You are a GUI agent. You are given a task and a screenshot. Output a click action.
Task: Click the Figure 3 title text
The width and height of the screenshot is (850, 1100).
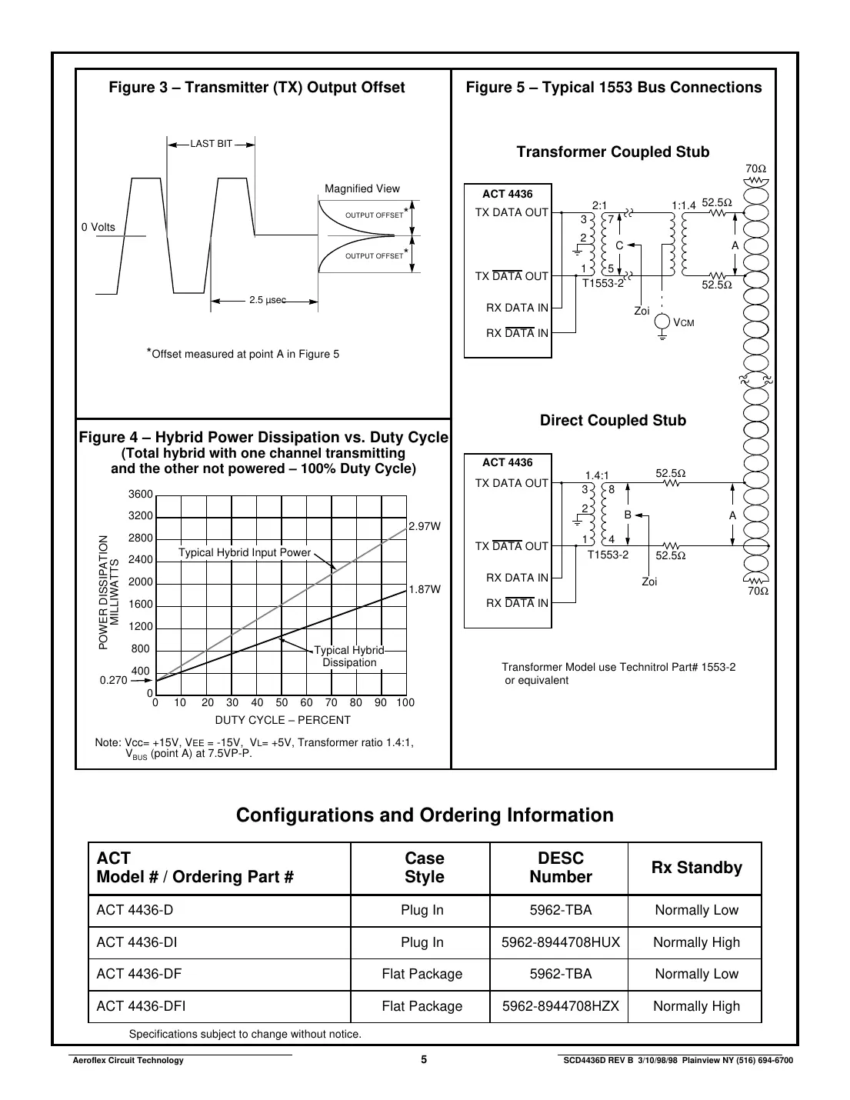[256, 88]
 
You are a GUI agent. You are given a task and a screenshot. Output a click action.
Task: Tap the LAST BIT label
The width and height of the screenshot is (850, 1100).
[211, 144]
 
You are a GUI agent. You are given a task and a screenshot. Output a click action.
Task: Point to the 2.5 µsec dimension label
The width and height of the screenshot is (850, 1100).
[267, 301]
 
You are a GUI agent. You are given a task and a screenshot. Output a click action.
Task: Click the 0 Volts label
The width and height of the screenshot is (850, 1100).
[98, 227]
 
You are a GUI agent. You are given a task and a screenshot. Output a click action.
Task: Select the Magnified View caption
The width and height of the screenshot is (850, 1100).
[362, 188]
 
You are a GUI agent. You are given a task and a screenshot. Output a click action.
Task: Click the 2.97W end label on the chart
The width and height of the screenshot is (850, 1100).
[425, 527]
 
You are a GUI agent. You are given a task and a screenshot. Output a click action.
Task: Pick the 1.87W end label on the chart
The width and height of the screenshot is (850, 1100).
[425, 589]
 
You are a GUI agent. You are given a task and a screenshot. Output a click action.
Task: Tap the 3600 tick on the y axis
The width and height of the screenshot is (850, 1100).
[141, 495]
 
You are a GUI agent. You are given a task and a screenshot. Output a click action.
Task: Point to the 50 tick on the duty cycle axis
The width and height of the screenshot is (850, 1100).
[282, 702]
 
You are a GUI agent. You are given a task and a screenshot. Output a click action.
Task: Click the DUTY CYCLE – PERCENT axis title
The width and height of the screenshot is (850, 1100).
[282, 720]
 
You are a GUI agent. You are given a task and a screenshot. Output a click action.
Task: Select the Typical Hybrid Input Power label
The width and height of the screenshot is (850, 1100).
[245, 552]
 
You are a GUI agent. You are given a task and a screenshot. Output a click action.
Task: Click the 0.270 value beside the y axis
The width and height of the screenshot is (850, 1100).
[113, 681]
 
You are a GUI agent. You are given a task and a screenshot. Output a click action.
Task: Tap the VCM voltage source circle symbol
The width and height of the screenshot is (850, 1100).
[662, 323]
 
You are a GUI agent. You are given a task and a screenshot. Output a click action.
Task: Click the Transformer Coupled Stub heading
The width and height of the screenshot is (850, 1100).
[612, 152]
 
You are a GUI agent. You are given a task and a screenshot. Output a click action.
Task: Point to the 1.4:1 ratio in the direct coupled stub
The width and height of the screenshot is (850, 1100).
[597, 476]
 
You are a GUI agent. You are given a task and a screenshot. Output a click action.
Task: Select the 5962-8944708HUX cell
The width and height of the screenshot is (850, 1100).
[560, 942]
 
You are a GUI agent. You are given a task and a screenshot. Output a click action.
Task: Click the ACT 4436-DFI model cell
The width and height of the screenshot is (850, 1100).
[141, 1006]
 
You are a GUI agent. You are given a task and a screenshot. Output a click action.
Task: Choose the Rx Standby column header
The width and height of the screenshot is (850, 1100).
[696, 868]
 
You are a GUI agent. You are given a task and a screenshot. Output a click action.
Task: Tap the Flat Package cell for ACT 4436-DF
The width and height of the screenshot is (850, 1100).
[422, 974]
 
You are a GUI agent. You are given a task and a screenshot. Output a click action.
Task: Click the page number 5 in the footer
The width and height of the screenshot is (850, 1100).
[424, 1059]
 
